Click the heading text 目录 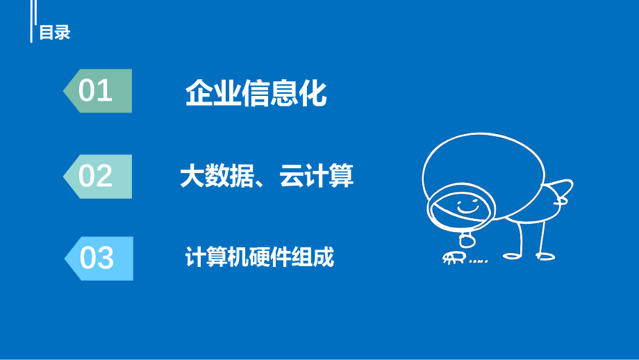tap(55, 33)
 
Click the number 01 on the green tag tap(96, 91)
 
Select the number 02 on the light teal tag tap(96, 176)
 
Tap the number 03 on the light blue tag tap(97, 259)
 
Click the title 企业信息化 tap(256, 93)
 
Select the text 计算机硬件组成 tap(259, 258)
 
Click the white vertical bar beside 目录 tap(32, 22)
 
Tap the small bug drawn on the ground tap(451, 259)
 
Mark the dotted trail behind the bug tap(478, 261)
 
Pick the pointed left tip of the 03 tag tap(66, 259)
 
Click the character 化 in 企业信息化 tap(312, 93)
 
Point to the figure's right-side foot tap(546, 256)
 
